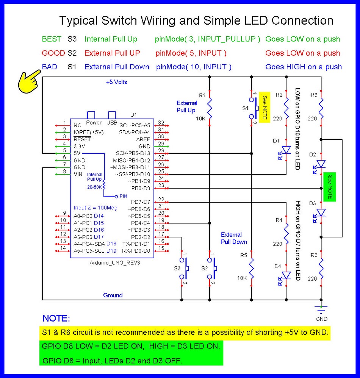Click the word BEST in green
pos(51,39)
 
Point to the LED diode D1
pos(286,150)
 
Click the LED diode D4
pos(286,275)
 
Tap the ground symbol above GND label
pos(321,309)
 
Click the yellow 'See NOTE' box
pos(265,108)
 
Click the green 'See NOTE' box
pos(330,187)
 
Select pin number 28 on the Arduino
pos(161,151)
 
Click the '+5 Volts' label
pos(117,82)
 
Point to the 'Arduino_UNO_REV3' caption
pos(112,263)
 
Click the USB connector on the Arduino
pos(112,115)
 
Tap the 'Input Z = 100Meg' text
pos(95,208)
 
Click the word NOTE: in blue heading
pos(56,318)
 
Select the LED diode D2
pos(321,164)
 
